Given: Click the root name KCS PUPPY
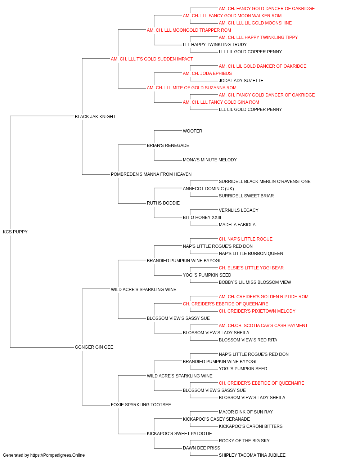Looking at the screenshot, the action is coord(15,232).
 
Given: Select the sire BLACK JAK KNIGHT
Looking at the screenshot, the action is coord(95,117).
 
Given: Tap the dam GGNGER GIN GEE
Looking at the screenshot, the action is coord(94,347).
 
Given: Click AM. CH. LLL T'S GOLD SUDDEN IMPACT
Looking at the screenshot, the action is coord(152,59).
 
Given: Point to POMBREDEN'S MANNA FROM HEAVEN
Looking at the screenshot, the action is coord(151,174).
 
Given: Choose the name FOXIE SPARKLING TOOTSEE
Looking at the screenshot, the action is coord(141,405).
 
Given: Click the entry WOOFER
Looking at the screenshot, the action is coord(193,131).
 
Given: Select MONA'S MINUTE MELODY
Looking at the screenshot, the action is coord(210,160).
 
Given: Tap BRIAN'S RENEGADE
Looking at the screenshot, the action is coord(168,146).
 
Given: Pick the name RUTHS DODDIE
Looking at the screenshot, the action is coord(163,203).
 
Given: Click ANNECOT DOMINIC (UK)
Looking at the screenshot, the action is coord(208,189).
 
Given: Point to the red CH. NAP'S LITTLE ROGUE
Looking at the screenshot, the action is coord(246,239).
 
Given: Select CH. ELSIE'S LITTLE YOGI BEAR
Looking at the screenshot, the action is coord(251,268).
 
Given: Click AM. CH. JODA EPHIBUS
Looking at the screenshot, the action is coord(207,73).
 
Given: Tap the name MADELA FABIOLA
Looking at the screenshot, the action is coord(237,225).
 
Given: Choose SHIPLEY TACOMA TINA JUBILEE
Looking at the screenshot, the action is coord(252,455).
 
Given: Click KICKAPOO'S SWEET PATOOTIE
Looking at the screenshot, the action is coord(179,434).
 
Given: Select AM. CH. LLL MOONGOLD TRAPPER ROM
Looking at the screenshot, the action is coord(189,30).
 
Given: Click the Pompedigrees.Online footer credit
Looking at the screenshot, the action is coord(44,455).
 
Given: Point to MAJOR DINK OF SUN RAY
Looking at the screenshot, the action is coord(246,412).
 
